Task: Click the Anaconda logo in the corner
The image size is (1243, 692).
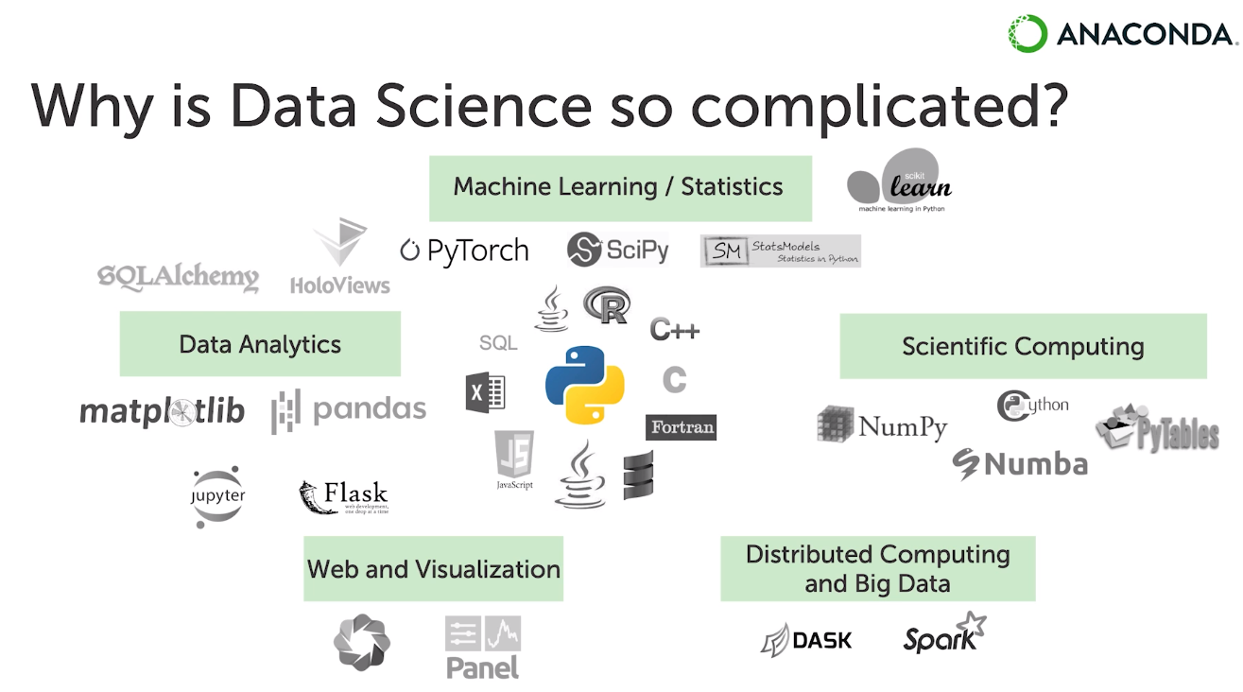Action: (x=1121, y=34)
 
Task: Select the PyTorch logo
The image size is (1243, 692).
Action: (x=464, y=251)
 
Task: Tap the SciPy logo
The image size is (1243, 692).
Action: (x=618, y=250)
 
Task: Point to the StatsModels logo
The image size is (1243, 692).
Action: (x=780, y=251)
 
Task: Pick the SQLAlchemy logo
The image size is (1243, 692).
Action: (x=178, y=277)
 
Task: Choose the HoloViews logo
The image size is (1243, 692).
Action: (x=339, y=258)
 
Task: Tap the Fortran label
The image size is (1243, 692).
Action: (x=681, y=427)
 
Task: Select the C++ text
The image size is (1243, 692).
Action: (x=674, y=330)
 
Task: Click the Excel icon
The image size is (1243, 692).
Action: (x=485, y=392)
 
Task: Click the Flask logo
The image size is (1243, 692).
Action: (x=343, y=496)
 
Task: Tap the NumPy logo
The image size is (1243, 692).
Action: (x=882, y=425)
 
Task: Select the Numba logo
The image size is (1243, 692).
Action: (x=1020, y=464)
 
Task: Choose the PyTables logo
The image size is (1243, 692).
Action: (x=1158, y=429)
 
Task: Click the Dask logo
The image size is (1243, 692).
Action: (x=806, y=640)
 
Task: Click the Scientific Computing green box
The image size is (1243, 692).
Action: (x=1023, y=346)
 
